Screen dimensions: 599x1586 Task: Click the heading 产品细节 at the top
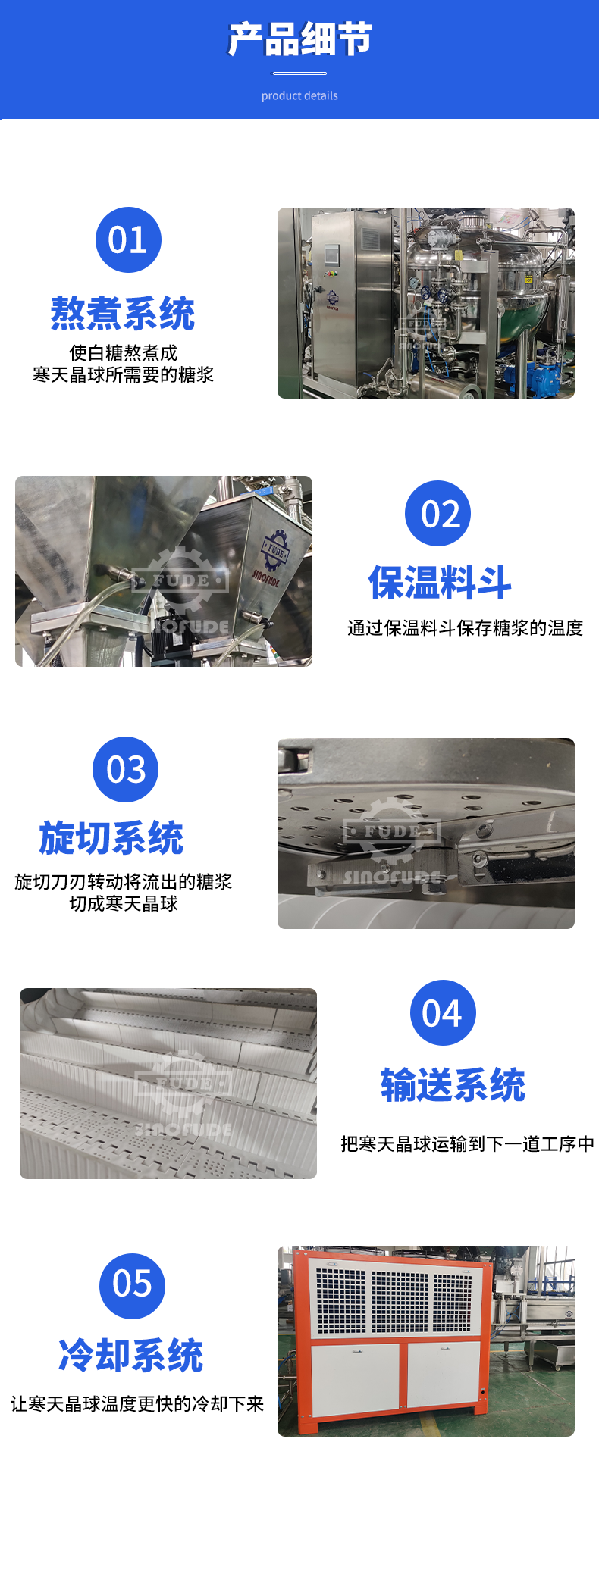coord(299,39)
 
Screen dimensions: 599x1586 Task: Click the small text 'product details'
coord(299,95)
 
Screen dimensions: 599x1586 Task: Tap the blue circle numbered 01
coord(128,240)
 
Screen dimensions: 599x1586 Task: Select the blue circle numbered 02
coord(438,514)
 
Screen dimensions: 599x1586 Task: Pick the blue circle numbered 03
coord(126,769)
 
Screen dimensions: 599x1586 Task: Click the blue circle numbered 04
coord(443,1012)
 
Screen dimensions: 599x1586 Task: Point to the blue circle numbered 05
coord(133,1286)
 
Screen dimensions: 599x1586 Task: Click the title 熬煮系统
coord(123,314)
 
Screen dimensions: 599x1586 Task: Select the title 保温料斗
coord(440,583)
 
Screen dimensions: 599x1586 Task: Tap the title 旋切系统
coord(111,838)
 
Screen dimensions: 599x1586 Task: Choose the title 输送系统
coord(453,1085)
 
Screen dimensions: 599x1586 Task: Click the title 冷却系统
coord(131,1356)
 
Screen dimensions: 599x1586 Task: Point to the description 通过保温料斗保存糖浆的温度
coord(465,627)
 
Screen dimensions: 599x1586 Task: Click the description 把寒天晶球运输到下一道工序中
coord(467,1143)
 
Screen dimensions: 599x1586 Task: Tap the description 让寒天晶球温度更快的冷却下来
coord(137,1404)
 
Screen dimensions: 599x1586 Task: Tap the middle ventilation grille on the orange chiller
coord(400,1302)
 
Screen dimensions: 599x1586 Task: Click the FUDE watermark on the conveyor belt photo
coord(182,1084)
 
